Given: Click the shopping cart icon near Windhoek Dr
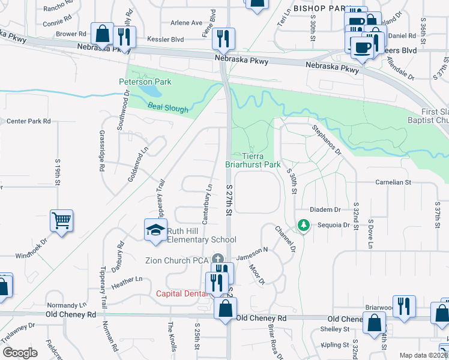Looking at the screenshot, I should coord(62,221).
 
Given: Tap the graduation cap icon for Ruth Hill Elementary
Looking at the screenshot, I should coord(155,230).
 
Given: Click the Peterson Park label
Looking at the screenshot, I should coord(145,82).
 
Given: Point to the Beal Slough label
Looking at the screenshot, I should coord(168,109).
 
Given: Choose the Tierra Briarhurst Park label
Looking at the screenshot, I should coord(253,160).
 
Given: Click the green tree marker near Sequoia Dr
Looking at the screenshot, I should coord(304,226).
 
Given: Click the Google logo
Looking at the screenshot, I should coord(20,353).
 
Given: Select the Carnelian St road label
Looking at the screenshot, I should coord(393,181).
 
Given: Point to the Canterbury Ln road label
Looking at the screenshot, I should coord(207,204).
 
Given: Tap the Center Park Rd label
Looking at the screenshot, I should coord(28,121).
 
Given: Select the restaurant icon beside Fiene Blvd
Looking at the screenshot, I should coord(224,38).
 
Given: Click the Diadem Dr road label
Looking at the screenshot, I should coord(325,209).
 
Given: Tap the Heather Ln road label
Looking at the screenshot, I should coord(127,280).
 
